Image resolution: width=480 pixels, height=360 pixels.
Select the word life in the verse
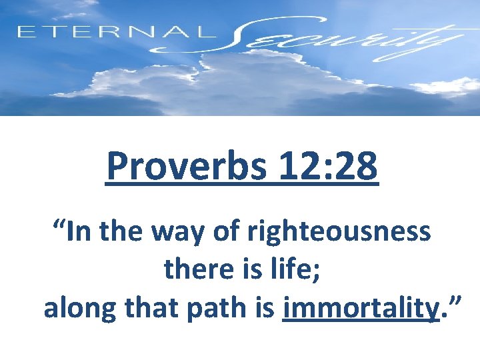pos(293,271)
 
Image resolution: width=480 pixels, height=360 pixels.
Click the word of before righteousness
pos(232,233)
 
